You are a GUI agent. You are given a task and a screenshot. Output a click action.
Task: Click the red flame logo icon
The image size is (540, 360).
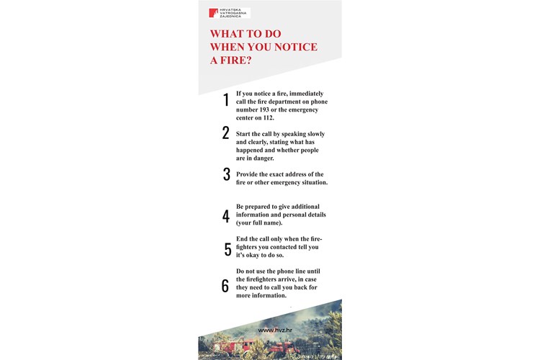213,13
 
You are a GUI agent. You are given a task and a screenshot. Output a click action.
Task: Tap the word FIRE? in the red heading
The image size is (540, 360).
236,60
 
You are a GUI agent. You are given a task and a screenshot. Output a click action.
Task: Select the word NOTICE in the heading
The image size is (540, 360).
296,47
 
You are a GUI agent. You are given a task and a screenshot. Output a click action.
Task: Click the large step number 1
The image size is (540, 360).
226,100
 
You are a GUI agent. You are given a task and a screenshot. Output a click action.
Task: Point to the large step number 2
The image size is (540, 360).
225,132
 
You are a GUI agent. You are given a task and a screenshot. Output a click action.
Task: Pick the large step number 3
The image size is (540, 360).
226,174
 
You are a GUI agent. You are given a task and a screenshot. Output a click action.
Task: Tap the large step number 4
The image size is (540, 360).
226,216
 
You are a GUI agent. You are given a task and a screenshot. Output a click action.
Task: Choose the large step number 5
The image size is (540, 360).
228,249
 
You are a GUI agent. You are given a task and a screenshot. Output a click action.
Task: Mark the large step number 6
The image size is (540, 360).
225,286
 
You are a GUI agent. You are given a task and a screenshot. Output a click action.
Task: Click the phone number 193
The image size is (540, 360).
264,110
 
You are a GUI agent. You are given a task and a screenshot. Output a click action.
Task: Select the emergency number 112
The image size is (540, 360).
269,118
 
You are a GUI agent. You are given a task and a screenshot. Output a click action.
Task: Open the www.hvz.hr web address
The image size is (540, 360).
275,330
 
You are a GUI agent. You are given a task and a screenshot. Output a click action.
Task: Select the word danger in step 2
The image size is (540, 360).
264,158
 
